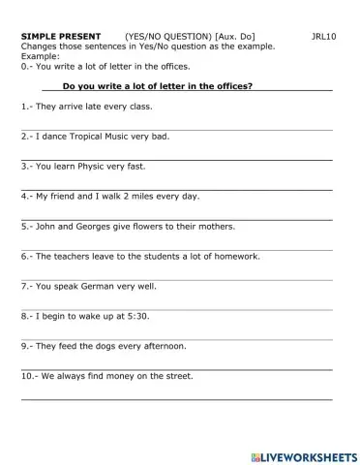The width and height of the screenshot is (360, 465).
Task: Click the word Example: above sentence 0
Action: click(40, 56)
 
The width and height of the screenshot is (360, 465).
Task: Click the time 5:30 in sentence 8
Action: click(137, 317)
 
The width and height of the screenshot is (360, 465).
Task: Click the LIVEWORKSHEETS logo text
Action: click(307, 454)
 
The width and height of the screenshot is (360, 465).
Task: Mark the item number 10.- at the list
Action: click(30, 376)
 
